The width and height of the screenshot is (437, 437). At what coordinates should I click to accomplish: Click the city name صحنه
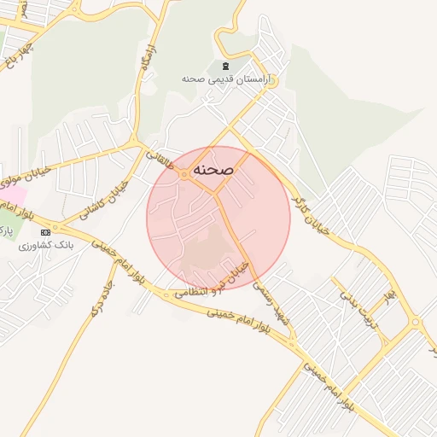[x=213, y=170]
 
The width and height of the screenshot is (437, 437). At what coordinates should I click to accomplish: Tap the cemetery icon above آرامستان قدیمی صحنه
[x=225, y=67]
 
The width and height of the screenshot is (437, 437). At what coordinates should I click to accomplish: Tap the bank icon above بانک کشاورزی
[x=44, y=232]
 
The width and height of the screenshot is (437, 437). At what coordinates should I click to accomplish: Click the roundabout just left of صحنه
[x=185, y=174]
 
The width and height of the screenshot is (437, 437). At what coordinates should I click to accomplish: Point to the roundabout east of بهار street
[x=415, y=323]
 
